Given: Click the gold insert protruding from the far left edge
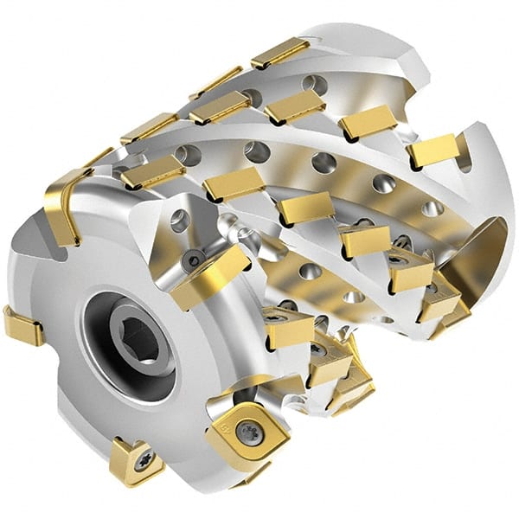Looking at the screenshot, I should [x=22, y=325].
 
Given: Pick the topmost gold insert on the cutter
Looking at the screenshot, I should [x=280, y=53].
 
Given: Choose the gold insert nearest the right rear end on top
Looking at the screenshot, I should [x=432, y=151].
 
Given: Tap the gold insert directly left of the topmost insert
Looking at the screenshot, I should [x=215, y=83].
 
